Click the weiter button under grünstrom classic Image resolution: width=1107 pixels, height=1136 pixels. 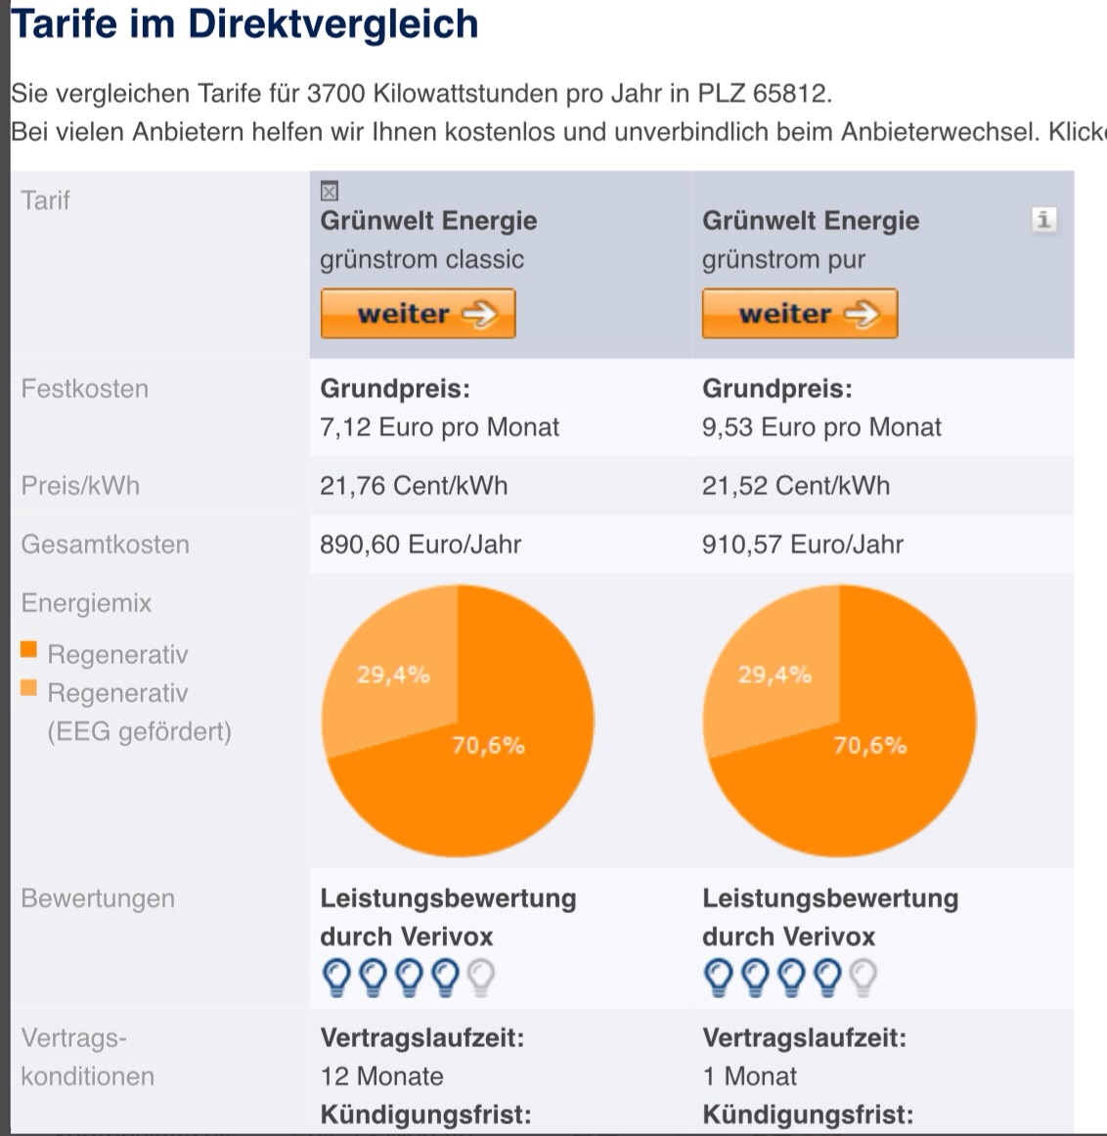(x=418, y=314)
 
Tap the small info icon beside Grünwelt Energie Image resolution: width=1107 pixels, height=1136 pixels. (x=1043, y=219)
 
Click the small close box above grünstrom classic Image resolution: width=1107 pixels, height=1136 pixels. (x=330, y=191)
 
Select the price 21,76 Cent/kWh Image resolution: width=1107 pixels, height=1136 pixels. (x=414, y=486)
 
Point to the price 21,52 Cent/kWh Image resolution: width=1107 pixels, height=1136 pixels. (x=796, y=486)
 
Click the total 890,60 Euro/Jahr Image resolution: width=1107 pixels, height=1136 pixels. (x=421, y=545)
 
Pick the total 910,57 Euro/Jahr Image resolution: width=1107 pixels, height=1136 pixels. (x=803, y=545)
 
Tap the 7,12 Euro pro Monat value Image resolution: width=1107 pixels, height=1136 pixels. (x=439, y=427)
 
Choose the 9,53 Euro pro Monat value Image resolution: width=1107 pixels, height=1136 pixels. (x=821, y=427)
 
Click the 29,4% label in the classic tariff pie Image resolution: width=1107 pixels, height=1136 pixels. (x=393, y=675)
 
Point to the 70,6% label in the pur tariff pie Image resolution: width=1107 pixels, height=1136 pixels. (x=869, y=746)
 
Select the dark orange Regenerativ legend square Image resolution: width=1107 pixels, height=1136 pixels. (x=28, y=650)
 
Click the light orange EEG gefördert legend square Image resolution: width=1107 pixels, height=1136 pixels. (x=28, y=688)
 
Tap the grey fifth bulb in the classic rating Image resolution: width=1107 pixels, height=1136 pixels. (x=481, y=977)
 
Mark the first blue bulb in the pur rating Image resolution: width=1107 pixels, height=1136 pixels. (x=719, y=977)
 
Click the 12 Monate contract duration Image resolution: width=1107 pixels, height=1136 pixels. (x=381, y=1076)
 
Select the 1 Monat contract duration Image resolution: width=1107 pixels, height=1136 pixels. (x=749, y=1076)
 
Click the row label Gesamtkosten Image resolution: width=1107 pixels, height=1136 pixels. (x=105, y=545)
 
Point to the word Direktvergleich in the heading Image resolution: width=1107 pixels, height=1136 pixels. (x=332, y=23)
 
